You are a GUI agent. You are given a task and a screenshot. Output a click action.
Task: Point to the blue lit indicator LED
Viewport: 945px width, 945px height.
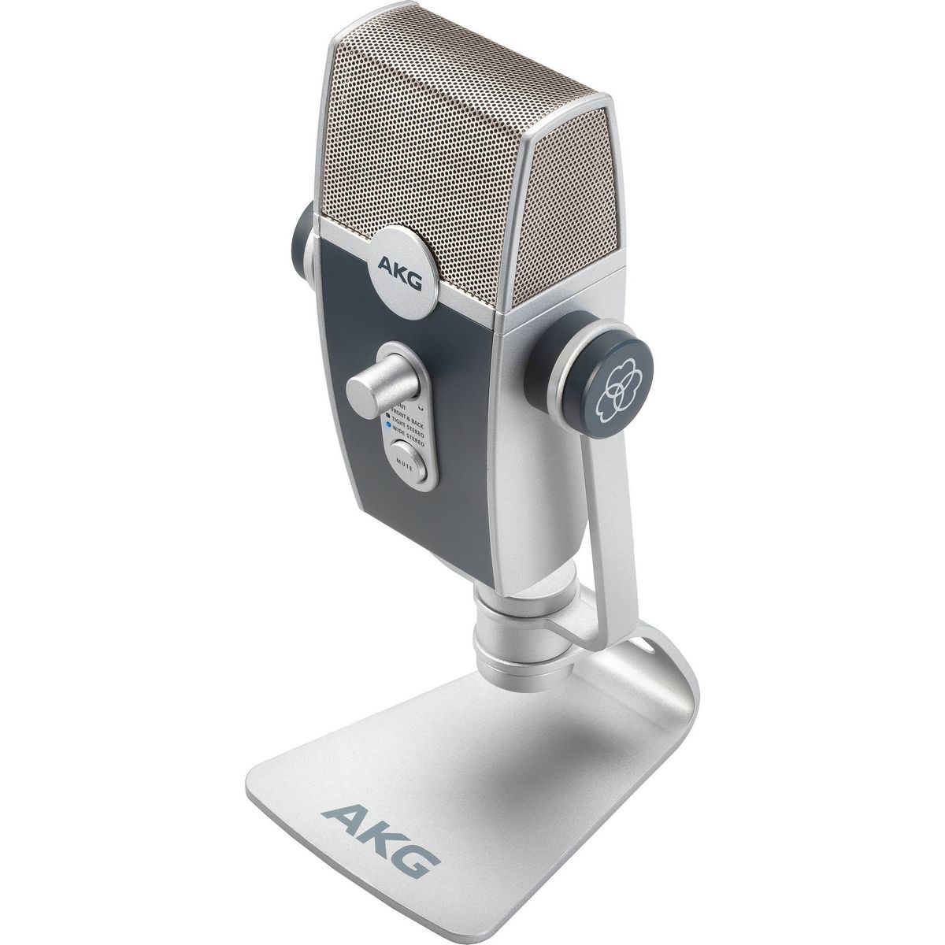(x=386, y=423)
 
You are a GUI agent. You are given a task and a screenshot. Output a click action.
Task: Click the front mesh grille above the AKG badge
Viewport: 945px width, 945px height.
(x=409, y=181)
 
